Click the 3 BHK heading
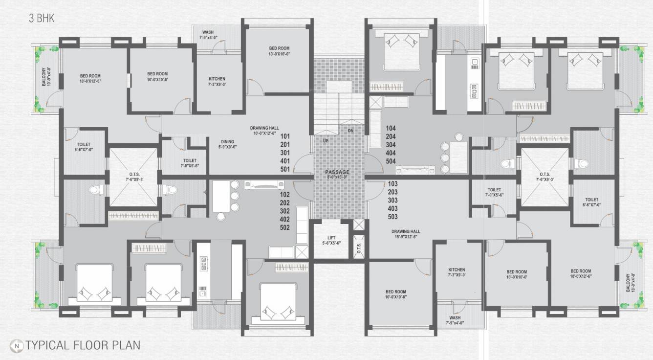click(x=41, y=19)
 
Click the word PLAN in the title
click(x=125, y=345)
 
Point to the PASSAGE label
click(x=337, y=173)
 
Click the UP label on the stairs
click(x=325, y=141)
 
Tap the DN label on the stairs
click(x=350, y=131)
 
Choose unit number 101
click(x=285, y=136)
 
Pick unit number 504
click(x=391, y=161)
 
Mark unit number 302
click(x=284, y=211)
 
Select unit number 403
click(x=392, y=208)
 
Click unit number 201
click(x=285, y=145)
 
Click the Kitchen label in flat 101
click(x=217, y=81)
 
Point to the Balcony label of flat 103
click(x=628, y=283)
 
